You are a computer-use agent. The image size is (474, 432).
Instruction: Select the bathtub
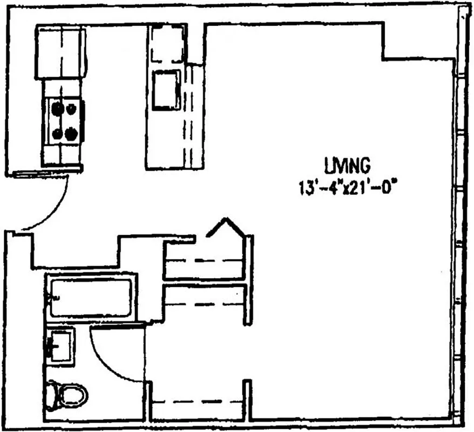coord(91,297)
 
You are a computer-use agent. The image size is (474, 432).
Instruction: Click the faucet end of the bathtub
coord(52,297)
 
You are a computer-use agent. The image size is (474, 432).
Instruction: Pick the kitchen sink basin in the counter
coord(167,89)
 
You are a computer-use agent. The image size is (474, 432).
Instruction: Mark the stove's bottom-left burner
coord(56,132)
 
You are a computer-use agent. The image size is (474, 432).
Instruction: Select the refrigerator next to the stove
coord(61,52)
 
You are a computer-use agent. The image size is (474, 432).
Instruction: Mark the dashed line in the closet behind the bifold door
coord(205,261)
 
